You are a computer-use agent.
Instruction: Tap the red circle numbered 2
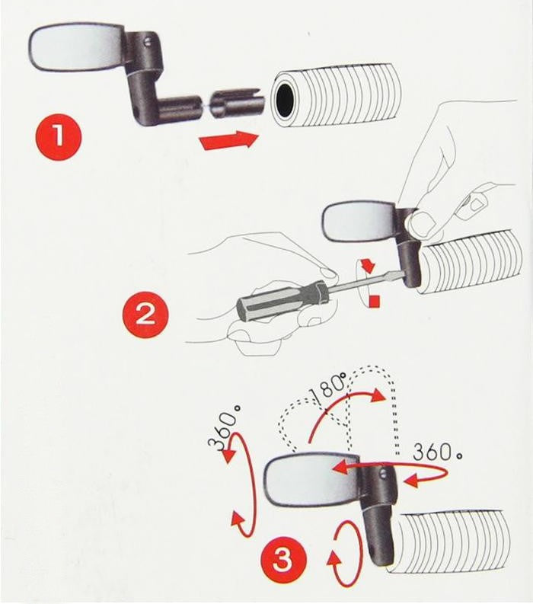(145, 314)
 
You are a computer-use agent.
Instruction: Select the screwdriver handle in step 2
(282, 304)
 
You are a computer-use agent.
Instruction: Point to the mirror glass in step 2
(359, 222)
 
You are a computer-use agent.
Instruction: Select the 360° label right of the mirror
(438, 452)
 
